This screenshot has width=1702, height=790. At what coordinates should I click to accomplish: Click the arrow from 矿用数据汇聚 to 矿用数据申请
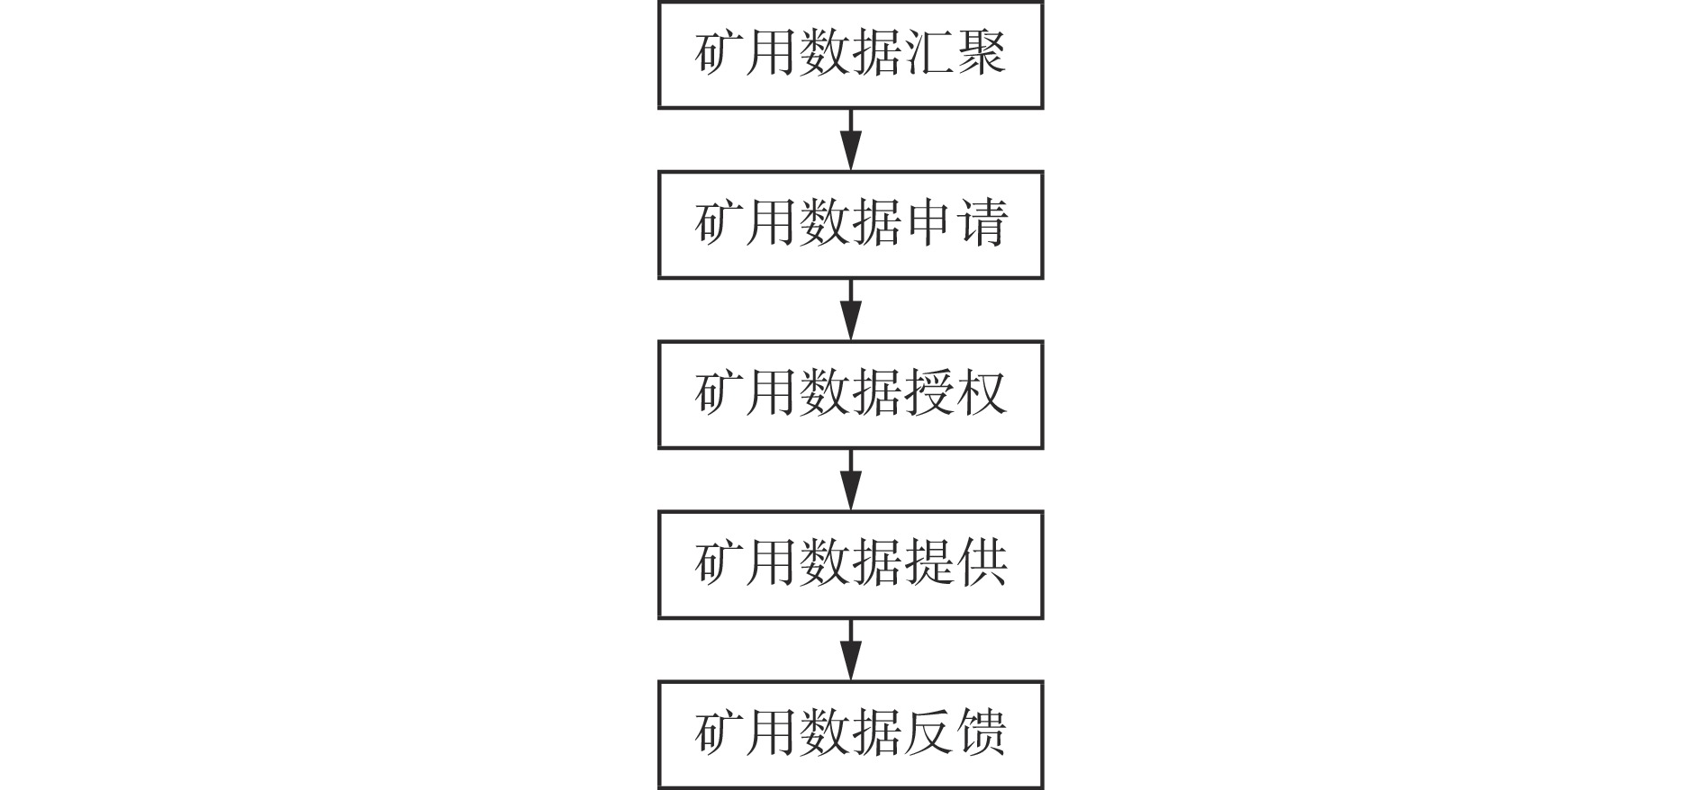pyautogui.click(x=850, y=139)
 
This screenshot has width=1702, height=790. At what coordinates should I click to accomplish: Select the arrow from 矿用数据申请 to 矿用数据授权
pyautogui.click(x=850, y=310)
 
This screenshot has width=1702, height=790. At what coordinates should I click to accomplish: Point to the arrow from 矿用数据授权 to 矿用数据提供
pyautogui.click(x=850, y=480)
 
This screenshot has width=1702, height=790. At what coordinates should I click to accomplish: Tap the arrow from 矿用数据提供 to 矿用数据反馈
pyautogui.click(x=850, y=650)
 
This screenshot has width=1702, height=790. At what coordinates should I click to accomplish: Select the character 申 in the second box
pyautogui.click(x=928, y=222)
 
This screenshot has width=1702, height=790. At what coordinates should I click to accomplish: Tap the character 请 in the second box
pyautogui.click(x=981, y=222)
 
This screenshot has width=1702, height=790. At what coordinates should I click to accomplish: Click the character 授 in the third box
pyautogui.click(x=928, y=392)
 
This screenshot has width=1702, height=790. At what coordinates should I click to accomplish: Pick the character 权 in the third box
pyautogui.click(x=981, y=392)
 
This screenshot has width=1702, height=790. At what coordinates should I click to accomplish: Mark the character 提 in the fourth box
pyautogui.click(x=928, y=562)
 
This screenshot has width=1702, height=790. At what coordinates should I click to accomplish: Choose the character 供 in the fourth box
pyautogui.click(x=981, y=562)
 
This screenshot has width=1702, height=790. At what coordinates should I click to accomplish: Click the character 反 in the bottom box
pyautogui.click(x=928, y=732)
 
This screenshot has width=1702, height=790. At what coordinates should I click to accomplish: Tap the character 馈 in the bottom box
pyautogui.click(x=981, y=732)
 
